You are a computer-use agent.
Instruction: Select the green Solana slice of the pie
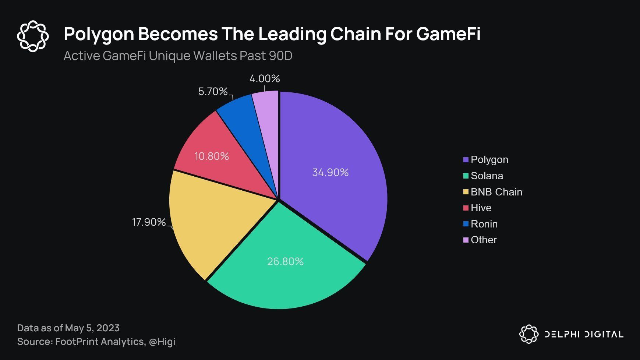pyautogui.click(x=285, y=280)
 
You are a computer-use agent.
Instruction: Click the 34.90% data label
pyautogui.click(x=330, y=172)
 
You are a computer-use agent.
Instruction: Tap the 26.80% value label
pyautogui.click(x=285, y=261)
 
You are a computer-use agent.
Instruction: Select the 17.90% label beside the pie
pyautogui.click(x=149, y=222)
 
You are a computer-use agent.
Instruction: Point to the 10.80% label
pyautogui.click(x=212, y=156)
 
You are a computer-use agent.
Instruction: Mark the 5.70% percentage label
pyautogui.click(x=213, y=91)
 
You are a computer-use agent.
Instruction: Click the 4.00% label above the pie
pyautogui.click(x=265, y=78)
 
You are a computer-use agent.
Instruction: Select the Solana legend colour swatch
pyautogui.click(x=466, y=176)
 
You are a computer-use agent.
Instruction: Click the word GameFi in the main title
pyautogui.click(x=448, y=34)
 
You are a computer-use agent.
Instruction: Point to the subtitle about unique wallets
pyautogui.click(x=178, y=56)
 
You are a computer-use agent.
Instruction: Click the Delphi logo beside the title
pyautogui.click(x=33, y=36)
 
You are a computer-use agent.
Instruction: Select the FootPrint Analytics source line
pyautogui.click(x=96, y=342)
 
